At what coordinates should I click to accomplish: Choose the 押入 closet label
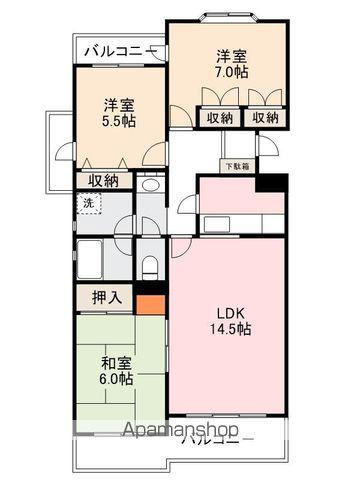[x=107, y=297]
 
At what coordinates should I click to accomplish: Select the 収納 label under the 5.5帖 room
[x=103, y=181]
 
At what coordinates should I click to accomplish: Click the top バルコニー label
[x=118, y=50]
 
